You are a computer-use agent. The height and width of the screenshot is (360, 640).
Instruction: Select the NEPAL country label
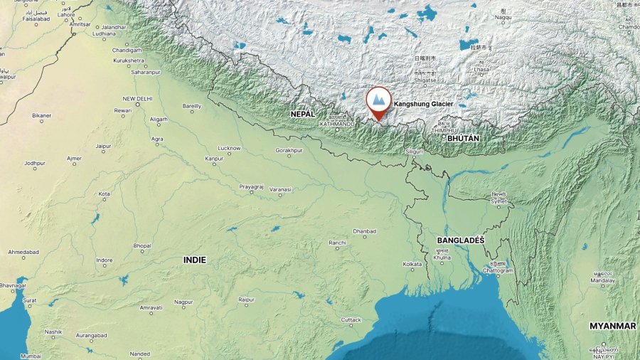pyautogui.click(x=302, y=113)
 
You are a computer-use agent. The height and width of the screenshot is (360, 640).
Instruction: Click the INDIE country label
pyautogui.click(x=195, y=260)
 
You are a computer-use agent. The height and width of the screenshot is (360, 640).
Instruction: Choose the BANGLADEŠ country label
pyautogui.click(x=460, y=240)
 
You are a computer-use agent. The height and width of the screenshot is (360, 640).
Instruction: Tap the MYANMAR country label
pyautogui.click(x=612, y=326)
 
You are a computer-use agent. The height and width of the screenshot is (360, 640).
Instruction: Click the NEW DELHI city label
pyautogui.click(x=138, y=99)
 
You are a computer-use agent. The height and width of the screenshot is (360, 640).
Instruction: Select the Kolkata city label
pyautogui.click(x=412, y=264)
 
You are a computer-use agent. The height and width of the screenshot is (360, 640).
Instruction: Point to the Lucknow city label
pyautogui.click(x=229, y=148)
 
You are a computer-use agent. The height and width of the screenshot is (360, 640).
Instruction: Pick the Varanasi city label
pyautogui.click(x=280, y=189)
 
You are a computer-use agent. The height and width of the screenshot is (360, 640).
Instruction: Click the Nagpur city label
pyautogui.click(x=183, y=302)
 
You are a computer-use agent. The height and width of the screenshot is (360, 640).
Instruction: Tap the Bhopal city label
pyautogui.click(x=142, y=245)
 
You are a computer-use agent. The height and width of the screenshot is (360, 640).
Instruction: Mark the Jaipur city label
pyautogui.click(x=103, y=146)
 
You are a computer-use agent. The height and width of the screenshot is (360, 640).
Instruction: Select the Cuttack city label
pyautogui.click(x=351, y=319)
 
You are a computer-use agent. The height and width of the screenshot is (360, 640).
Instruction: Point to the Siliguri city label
pyautogui.click(x=413, y=151)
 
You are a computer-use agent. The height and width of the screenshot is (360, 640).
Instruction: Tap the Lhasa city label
pyautogui.click(x=482, y=70)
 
